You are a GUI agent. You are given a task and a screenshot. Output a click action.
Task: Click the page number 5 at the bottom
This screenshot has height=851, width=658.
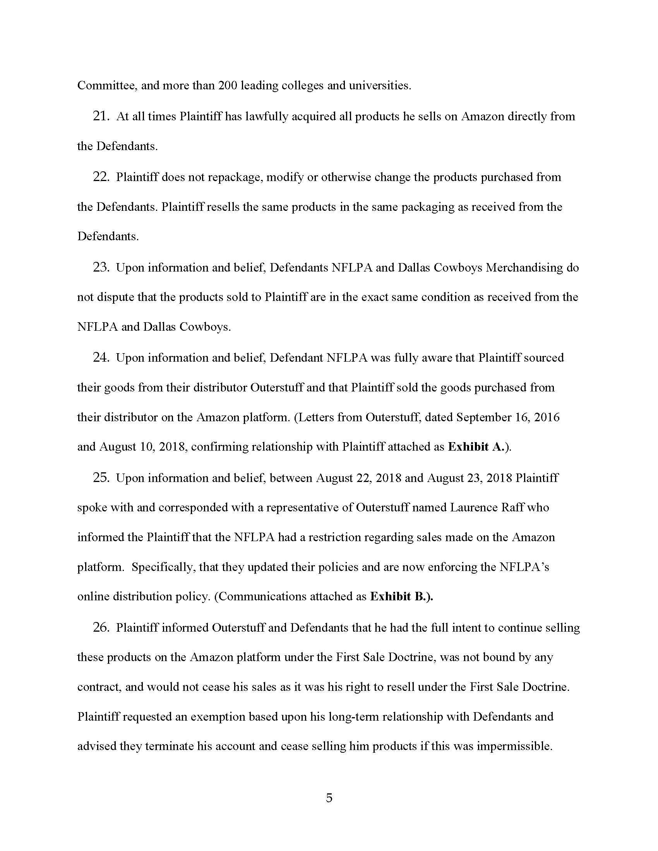pos(329,798)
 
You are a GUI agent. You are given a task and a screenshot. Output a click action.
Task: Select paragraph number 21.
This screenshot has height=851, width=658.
pos(100,116)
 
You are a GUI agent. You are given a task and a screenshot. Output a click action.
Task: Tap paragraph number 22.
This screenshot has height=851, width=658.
pos(100,177)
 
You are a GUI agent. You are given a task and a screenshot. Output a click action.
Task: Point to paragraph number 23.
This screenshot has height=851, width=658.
pos(100,268)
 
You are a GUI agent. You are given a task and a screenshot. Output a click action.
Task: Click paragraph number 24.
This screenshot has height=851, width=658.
pos(100,358)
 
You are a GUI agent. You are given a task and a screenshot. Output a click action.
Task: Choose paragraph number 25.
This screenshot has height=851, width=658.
pos(100,478)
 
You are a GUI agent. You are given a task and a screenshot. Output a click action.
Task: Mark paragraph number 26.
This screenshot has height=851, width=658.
pos(100,628)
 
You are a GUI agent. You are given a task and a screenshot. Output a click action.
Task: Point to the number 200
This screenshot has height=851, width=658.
pos(227,86)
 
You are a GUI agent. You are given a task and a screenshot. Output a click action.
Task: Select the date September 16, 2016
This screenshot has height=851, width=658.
pos(507,417)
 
